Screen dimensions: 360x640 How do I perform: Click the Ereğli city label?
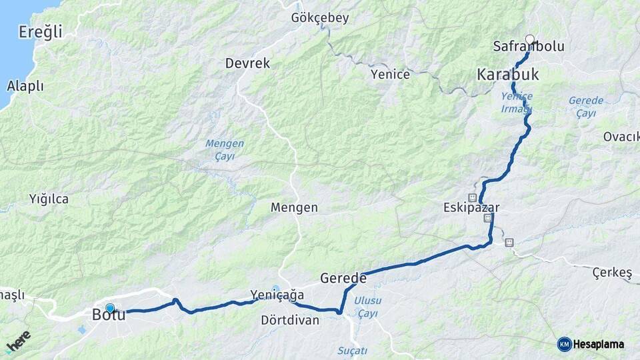click(40, 31)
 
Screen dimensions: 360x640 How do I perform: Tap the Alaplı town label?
click(25, 86)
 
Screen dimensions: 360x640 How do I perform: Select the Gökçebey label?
click(319, 18)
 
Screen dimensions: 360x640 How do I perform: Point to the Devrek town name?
click(247, 63)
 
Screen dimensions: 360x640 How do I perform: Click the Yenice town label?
click(390, 74)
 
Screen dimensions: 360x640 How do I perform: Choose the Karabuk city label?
click(507, 74)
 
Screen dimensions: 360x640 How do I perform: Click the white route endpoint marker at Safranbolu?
click(530, 39)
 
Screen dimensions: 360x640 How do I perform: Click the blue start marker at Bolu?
click(110, 309)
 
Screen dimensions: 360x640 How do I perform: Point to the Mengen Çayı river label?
click(225, 149)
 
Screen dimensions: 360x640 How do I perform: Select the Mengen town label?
click(294, 207)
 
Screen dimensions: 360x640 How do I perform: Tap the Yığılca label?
click(49, 198)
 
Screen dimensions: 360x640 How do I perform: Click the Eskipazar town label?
click(471, 207)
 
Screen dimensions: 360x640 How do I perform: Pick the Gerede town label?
click(343, 278)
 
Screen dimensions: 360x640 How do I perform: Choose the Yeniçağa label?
click(277, 294)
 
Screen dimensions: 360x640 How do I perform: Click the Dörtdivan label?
click(290, 320)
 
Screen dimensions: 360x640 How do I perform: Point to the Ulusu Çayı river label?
click(367, 307)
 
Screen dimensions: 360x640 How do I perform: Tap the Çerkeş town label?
click(611, 272)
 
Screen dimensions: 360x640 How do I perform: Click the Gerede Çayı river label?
click(586, 107)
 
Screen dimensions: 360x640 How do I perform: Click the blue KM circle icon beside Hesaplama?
click(564, 344)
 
